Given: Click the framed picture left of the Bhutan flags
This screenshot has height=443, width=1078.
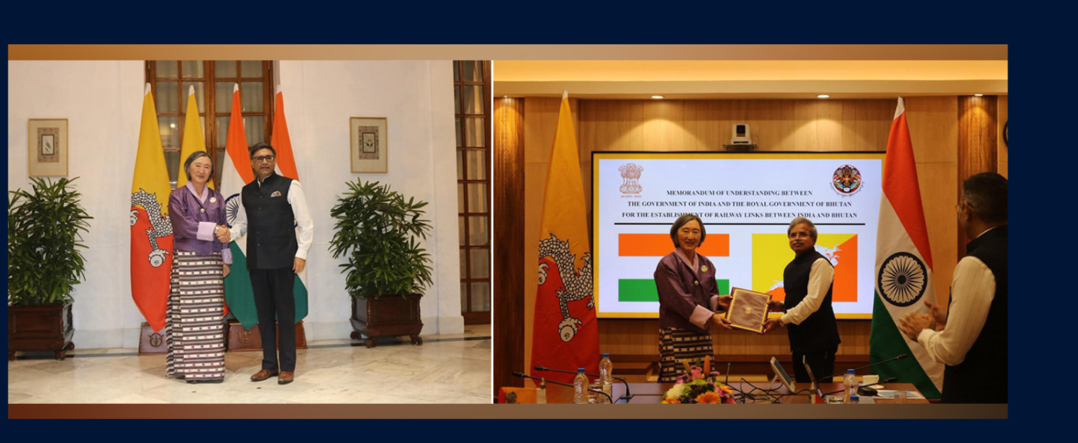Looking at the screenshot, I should tap(48, 147).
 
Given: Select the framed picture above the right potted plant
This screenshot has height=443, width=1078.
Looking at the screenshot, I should tap(368, 145).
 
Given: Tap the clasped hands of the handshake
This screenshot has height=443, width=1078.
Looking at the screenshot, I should tap(222, 234).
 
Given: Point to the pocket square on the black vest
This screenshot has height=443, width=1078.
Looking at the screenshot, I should tap(276, 194).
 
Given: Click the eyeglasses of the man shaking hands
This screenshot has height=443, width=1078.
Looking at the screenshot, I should tap(263, 159).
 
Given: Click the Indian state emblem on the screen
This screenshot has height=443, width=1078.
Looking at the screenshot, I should tap(631, 178).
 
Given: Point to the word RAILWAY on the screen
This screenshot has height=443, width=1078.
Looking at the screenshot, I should tap(740, 215).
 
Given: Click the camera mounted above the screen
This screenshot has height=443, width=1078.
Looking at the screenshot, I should tap(740, 133).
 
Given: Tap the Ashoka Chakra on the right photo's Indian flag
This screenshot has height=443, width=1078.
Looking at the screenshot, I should tap(901, 279).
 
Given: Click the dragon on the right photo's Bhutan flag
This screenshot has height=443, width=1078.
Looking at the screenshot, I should tap(564, 283).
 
